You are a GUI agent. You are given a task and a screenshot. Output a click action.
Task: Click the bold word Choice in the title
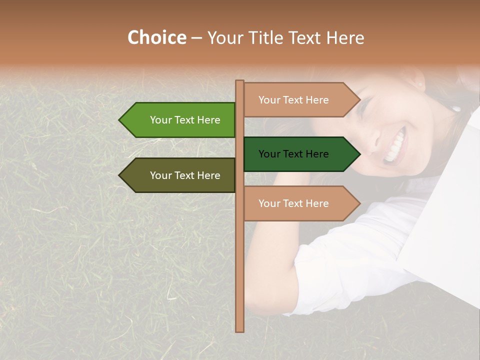pyautogui.click(x=156, y=38)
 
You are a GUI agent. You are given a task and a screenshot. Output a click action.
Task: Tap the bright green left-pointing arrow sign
pyautogui.click(x=177, y=120)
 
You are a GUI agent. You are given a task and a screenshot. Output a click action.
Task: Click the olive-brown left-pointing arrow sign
pyautogui.click(x=177, y=175)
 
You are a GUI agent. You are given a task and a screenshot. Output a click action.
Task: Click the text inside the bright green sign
pyautogui.click(x=185, y=120)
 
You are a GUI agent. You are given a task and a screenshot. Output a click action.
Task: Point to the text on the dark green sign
pyautogui.click(x=293, y=154)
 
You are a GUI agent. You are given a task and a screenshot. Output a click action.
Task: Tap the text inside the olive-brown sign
pyautogui.click(x=185, y=175)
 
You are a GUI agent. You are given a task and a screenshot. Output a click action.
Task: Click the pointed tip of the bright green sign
pyautogui.click(x=120, y=120)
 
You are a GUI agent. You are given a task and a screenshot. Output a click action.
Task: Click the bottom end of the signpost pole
pyautogui.click(x=239, y=329)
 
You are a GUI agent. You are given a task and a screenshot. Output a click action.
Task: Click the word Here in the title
pyautogui.click(x=345, y=38)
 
